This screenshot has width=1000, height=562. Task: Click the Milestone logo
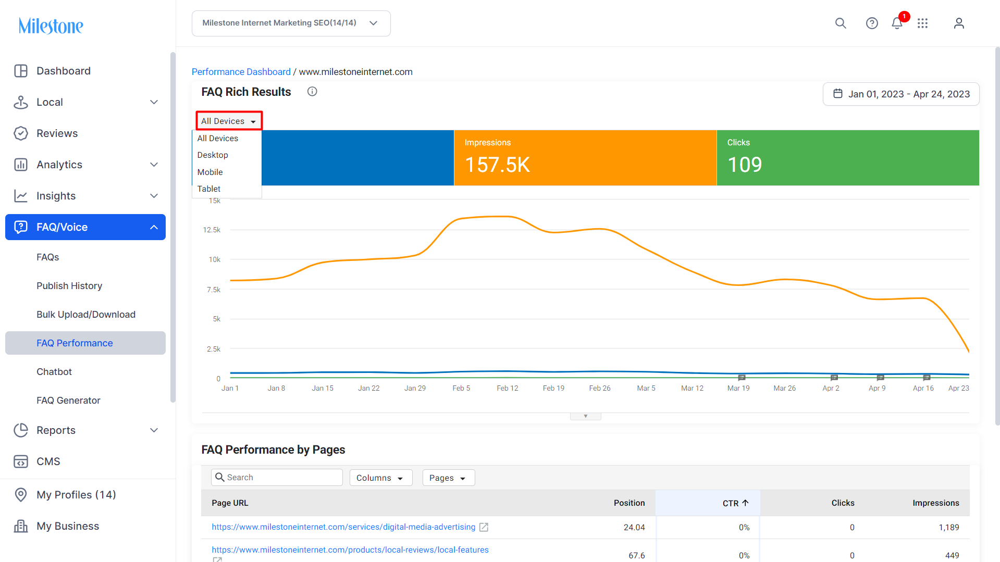[51, 26]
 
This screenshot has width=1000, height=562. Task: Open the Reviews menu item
[57, 133]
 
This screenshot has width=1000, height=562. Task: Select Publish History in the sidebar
[69, 286]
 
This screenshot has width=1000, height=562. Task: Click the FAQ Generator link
[68, 401]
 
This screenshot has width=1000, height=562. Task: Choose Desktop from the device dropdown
[213, 155]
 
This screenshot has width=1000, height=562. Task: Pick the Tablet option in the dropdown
[208, 189]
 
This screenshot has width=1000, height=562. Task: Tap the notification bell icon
[897, 23]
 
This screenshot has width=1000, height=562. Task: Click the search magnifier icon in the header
[841, 23]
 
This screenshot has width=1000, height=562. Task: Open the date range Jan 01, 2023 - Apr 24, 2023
[901, 94]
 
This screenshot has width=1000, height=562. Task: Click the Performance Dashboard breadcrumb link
[241, 72]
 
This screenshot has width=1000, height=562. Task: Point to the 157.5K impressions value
[497, 165]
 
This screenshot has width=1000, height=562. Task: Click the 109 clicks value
[745, 165]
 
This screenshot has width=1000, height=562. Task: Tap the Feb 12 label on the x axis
[508, 389]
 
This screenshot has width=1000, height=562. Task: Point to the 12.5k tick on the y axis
[212, 230]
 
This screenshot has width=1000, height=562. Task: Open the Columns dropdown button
[380, 478]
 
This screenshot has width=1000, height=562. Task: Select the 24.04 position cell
[634, 528]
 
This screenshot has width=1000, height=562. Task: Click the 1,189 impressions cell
[949, 528]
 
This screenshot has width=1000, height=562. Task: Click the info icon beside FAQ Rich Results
[312, 92]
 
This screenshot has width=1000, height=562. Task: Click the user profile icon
[959, 23]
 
